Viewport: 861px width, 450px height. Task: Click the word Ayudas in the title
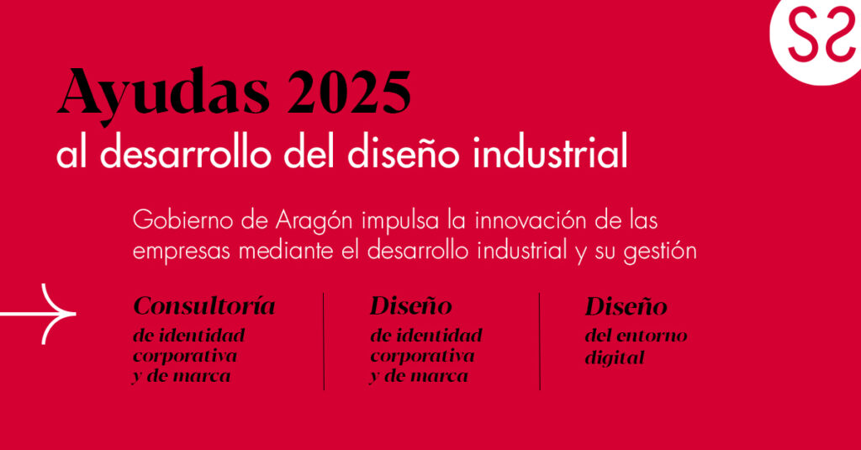[163, 94]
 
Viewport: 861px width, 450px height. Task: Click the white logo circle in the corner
[816, 39]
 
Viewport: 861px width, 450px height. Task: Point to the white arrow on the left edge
[38, 315]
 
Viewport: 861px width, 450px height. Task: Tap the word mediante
[286, 251]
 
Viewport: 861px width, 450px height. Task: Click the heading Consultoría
[204, 305]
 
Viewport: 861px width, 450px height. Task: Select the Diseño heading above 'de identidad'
[411, 305]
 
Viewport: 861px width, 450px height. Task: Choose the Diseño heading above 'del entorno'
[626, 306]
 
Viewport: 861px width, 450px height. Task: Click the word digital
[615, 357]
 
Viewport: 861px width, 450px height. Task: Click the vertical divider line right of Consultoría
[324, 341]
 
